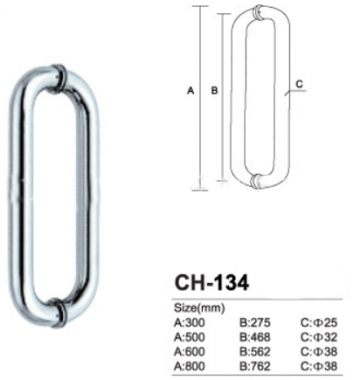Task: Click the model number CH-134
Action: [x=211, y=283]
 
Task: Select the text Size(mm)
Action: [x=200, y=308]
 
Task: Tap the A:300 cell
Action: [x=190, y=323]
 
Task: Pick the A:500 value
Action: [x=190, y=337]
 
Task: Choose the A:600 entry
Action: [x=190, y=351]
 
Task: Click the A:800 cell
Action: [x=190, y=366]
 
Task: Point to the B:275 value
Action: [x=255, y=323]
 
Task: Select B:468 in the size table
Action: [x=255, y=337]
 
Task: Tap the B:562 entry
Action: [x=255, y=351]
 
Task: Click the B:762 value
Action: [x=255, y=366]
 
